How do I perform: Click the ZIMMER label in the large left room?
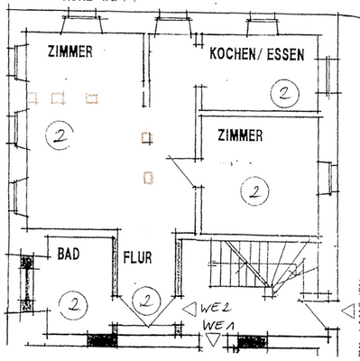69,52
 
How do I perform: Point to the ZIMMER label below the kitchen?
240,136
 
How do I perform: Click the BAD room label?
69,255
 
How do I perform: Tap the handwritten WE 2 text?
214,309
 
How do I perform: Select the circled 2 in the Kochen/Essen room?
284,92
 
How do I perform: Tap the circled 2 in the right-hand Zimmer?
255,191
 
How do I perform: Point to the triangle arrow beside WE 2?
188,309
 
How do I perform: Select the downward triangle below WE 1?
212,339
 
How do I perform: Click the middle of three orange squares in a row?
60,97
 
